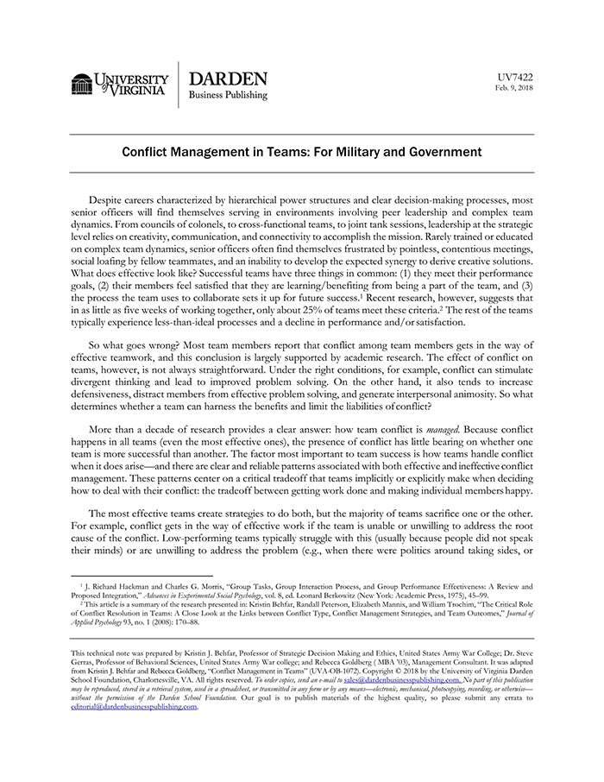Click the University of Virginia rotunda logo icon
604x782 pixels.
[x=82, y=85]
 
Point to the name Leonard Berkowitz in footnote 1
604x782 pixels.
[x=329, y=596]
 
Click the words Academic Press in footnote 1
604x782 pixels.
[x=437, y=596]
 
